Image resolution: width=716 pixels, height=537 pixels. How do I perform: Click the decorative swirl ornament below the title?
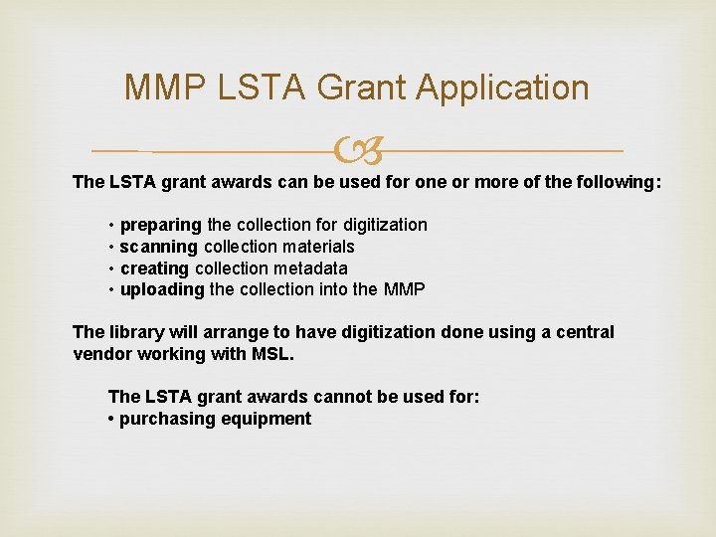(x=358, y=151)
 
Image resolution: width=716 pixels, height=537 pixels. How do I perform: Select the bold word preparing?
(x=161, y=226)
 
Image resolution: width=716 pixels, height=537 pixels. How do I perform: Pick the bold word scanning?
(x=159, y=248)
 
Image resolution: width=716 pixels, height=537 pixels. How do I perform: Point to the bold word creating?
(x=155, y=268)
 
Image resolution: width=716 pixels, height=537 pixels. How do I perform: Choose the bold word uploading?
(x=162, y=290)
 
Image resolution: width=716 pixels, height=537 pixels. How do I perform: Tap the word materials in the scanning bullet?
(x=317, y=247)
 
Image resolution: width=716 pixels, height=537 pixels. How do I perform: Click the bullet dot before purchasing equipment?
(x=111, y=420)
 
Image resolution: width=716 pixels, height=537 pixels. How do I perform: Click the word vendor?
(x=102, y=354)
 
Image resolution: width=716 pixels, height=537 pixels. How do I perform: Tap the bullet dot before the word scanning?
(x=112, y=248)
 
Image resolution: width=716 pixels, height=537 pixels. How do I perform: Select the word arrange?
(x=232, y=332)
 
